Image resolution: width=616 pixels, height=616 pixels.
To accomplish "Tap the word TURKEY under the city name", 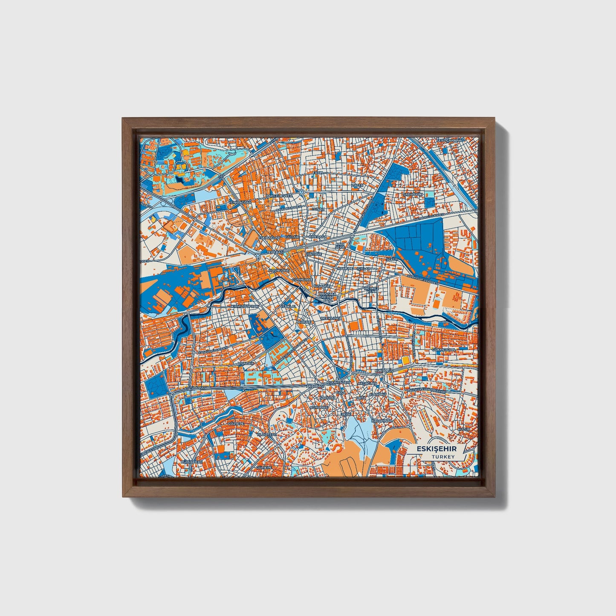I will tap(443, 457).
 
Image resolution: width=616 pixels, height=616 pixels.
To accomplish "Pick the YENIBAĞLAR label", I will tap(238, 202).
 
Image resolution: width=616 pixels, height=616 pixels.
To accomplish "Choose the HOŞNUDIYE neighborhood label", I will tap(279, 270).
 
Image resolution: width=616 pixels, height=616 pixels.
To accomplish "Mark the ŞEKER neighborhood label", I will tap(391, 259).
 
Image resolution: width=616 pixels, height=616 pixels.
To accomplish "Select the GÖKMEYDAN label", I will tap(444, 350).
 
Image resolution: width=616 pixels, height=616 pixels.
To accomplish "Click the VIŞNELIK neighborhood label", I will tap(246, 363).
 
